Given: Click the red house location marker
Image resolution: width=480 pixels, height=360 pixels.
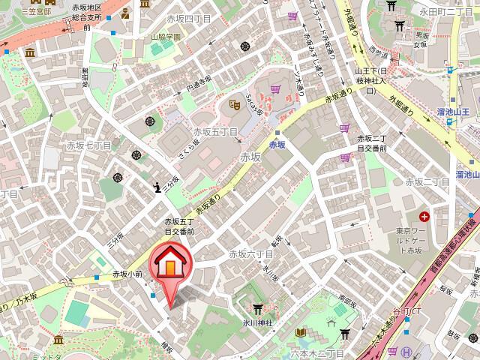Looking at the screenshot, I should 172,264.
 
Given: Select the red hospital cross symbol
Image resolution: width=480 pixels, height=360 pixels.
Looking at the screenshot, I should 424,217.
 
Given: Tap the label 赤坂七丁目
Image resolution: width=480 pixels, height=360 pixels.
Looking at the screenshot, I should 88,145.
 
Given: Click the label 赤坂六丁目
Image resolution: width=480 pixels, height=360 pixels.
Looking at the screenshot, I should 248,255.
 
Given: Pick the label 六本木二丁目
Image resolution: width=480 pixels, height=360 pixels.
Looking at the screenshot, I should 321,352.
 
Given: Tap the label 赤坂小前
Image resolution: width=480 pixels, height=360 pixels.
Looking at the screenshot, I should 127,274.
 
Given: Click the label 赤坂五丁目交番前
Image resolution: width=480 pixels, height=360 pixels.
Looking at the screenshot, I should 179,227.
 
